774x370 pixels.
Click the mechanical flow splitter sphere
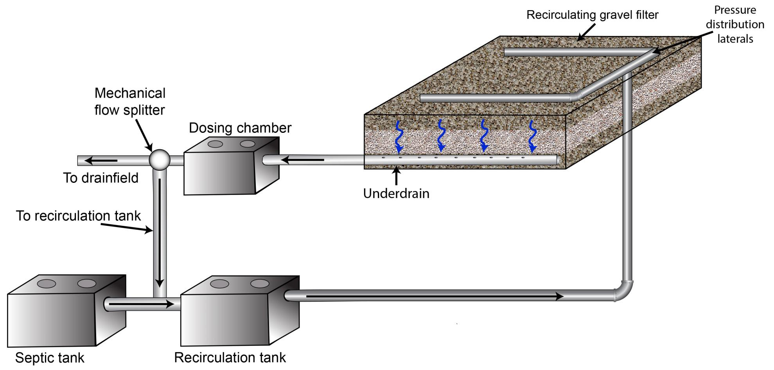[160, 160]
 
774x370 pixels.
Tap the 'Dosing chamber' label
[240, 128]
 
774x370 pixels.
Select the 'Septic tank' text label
[50, 357]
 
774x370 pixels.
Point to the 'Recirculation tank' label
[230, 357]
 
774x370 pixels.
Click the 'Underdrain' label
[396, 193]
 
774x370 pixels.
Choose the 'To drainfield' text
[101, 178]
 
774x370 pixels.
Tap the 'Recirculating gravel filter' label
[592, 15]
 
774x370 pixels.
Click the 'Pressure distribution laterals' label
[735, 24]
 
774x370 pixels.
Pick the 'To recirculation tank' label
[78, 216]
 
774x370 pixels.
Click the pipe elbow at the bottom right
[624, 291]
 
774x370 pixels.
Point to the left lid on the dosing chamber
[215, 144]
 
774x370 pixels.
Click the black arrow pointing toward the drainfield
[101, 161]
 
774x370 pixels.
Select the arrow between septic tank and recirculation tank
[141, 304]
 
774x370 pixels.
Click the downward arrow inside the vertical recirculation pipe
[160, 234]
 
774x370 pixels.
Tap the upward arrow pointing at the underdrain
[397, 176]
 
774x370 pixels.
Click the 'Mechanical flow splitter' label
[130, 102]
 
